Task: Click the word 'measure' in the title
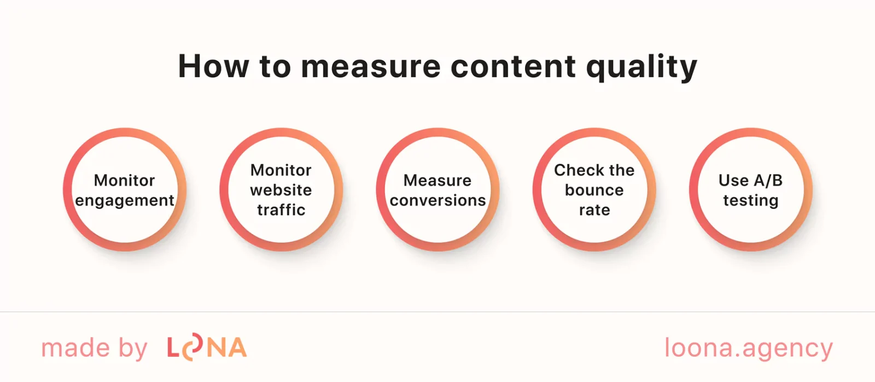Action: (x=370, y=67)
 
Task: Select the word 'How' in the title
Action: (x=213, y=67)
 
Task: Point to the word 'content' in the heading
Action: (x=512, y=67)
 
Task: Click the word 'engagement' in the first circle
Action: (x=125, y=201)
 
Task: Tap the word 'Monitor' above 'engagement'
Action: (x=125, y=180)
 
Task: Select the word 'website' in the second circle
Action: (x=281, y=190)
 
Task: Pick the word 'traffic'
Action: (x=281, y=210)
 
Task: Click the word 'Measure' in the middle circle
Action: (x=437, y=180)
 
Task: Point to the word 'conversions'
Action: (x=437, y=200)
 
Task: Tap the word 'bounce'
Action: (x=594, y=190)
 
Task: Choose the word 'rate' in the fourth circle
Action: (x=594, y=210)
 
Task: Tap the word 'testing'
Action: (x=750, y=201)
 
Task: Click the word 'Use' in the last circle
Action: (x=733, y=180)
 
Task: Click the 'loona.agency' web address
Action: (x=748, y=349)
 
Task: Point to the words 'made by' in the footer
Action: (x=94, y=349)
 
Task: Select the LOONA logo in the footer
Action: (x=207, y=348)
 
